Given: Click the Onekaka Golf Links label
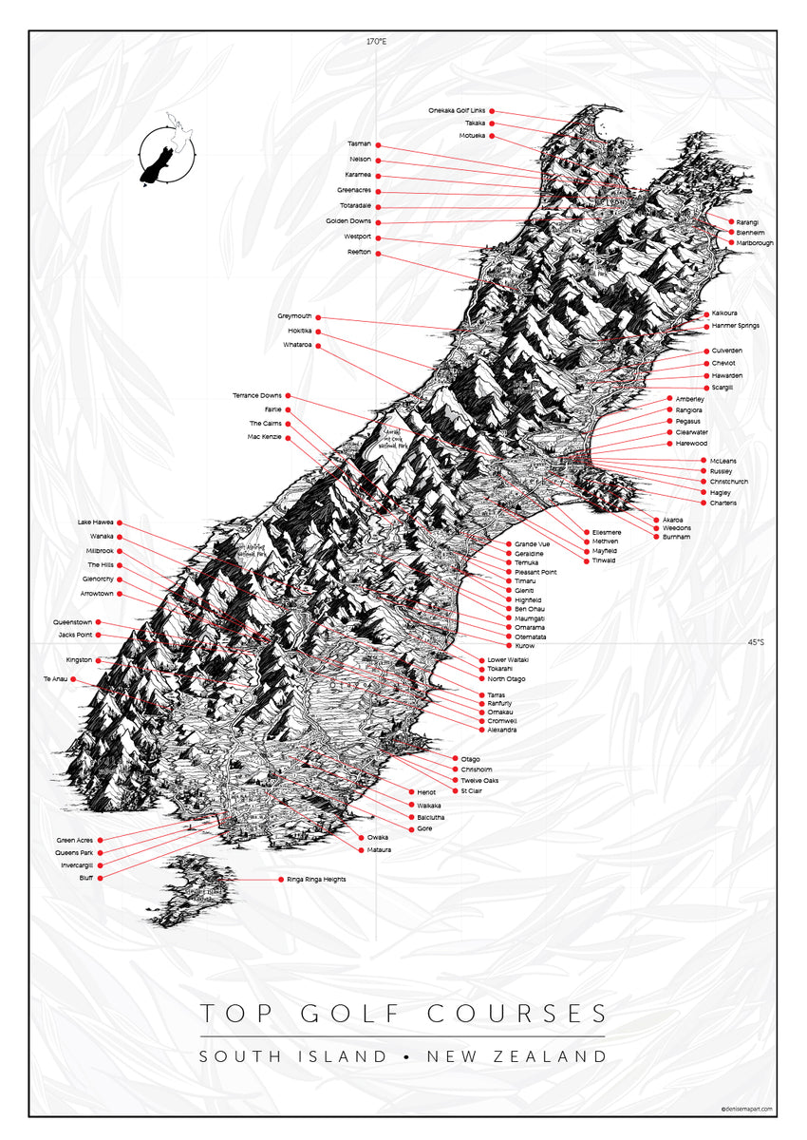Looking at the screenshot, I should pyautogui.click(x=458, y=111).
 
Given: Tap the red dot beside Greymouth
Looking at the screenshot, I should pyautogui.click(x=318, y=316).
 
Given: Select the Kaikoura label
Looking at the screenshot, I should pyautogui.click(x=724, y=313).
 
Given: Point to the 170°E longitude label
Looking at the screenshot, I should pyautogui.click(x=377, y=42).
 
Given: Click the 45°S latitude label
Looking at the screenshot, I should pyautogui.click(x=755, y=642).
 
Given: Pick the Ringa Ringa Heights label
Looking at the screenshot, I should pyautogui.click(x=316, y=880).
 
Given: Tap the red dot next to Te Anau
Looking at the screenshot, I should pyautogui.click(x=73, y=679).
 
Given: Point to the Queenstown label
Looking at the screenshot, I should pyautogui.click(x=73, y=622).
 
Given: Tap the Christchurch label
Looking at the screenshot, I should pyautogui.click(x=729, y=482).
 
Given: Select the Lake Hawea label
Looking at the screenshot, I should pyautogui.click(x=96, y=522).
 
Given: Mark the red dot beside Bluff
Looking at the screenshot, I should pyautogui.click(x=100, y=879).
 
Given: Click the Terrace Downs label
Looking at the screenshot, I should pyautogui.click(x=257, y=395).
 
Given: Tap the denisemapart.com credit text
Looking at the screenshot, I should pyautogui.click(x=749, y=1108).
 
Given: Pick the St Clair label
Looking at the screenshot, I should pyautogui.click(x=472, y=790).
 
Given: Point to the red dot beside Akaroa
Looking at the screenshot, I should pyautogui.click(x=655, y=520).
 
